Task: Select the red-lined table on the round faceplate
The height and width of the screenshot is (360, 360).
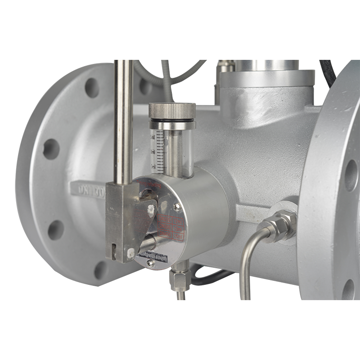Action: [171, 227]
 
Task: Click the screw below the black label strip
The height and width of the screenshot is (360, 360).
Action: [151, 265]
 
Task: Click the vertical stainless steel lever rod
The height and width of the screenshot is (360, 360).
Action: [123, 121]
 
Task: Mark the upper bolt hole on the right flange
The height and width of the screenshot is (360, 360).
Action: [351, 175]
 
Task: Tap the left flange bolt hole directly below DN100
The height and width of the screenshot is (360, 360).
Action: [55, 229]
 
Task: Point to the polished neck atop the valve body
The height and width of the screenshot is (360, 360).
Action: [265, 65]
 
